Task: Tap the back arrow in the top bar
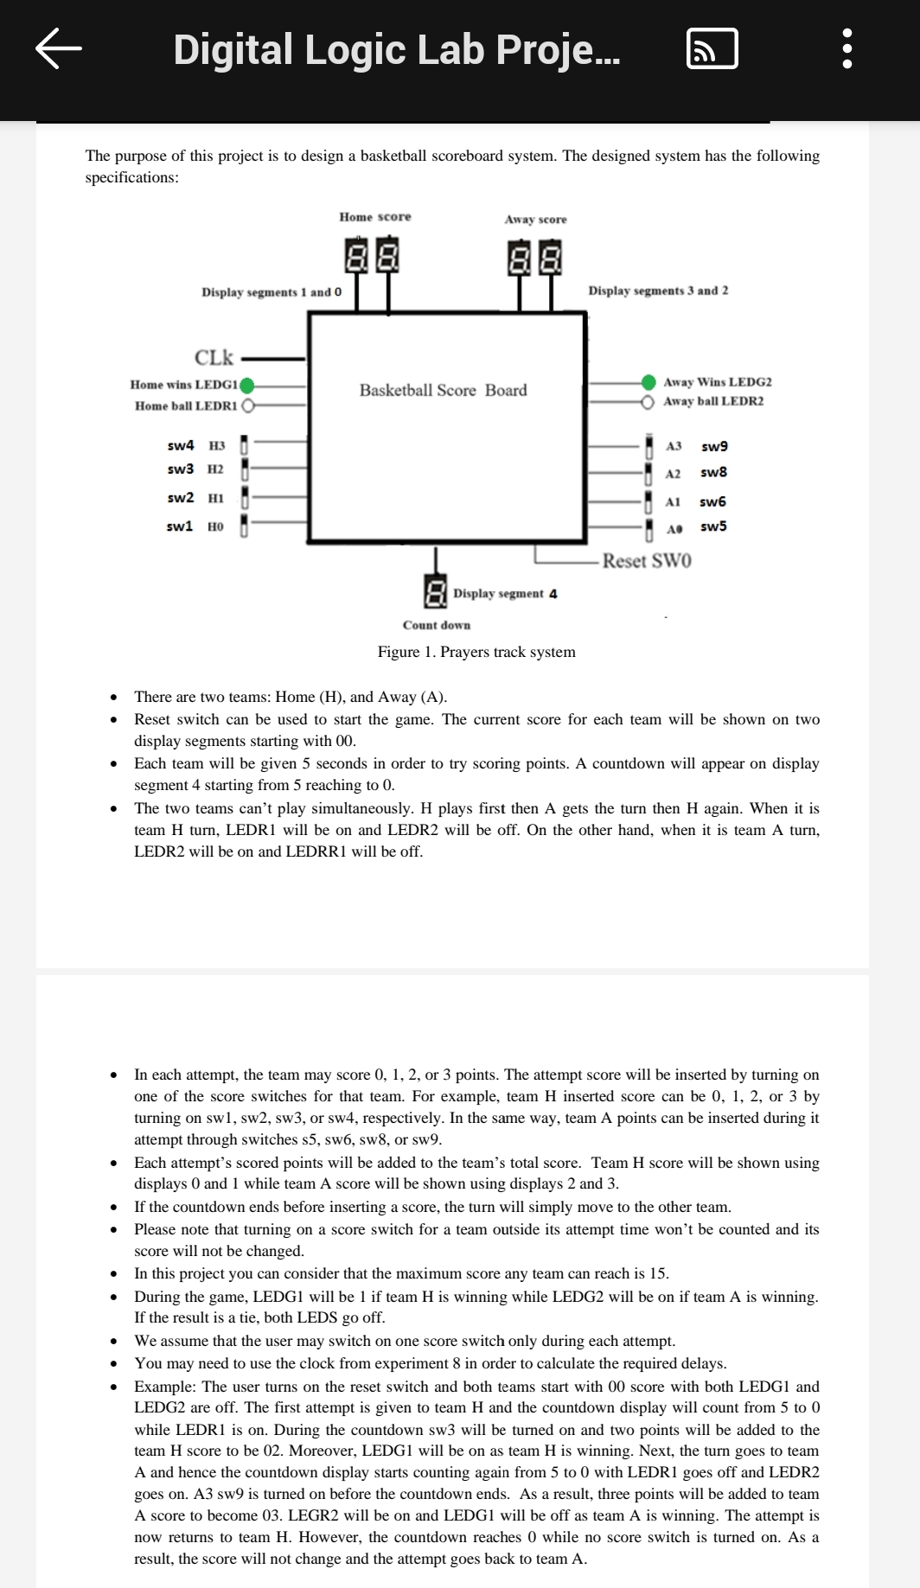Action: point(59,48)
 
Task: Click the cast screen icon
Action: point(712,48)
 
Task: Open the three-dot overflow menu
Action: point(847,48)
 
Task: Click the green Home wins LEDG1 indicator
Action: point(247,385)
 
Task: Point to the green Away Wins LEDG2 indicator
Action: point(648,382)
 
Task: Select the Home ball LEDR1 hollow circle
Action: point(248,405)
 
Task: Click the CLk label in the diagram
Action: point(214,357)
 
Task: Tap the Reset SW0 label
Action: point(647,561)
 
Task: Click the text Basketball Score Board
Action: point(443,391)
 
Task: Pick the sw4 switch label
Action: point(181,445)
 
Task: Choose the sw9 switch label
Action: point(714,446)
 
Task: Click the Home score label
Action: point(375,217)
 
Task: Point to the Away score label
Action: point(535,220)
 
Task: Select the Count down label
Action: point(437,625)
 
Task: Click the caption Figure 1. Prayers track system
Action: point(476,652)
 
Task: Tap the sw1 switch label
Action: point(180,526)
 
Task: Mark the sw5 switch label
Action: point(713,526)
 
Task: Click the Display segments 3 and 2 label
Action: point(658,290)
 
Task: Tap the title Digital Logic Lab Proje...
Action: point(397,49)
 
